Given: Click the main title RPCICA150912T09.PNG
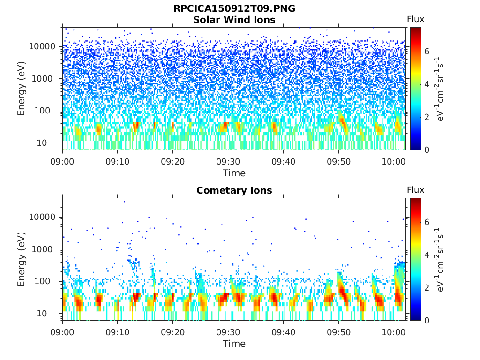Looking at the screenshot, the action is [234, 8].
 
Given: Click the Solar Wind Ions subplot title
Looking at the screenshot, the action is [234, 20].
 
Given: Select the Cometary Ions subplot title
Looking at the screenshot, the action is [234, 190].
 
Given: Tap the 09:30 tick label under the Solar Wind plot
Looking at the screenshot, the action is [228, 161].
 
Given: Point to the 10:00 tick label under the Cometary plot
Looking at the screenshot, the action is [394, 332].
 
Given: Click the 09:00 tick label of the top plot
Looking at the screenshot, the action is [62, 161].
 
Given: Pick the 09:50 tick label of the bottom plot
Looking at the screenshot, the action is [338, 332].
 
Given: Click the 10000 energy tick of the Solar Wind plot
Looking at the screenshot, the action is [42, 46].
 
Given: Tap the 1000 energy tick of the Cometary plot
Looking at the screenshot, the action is [44, 249].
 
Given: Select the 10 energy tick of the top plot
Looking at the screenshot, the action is [42, 142].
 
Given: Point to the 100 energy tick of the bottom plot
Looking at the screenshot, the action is [42, 281].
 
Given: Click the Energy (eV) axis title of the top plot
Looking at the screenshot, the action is [21, 89].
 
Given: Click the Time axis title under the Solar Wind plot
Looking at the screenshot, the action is [234, 173].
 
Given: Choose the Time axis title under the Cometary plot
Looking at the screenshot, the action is [234, 344].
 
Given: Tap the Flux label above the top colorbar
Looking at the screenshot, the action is [415, 19].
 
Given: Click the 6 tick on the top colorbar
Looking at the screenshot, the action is [427, 52].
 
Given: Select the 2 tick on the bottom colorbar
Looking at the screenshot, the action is [427, 287].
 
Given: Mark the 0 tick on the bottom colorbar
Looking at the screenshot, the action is [427, 321].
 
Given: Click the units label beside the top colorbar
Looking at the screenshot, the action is [440, 89].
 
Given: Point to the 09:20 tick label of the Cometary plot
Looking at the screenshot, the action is [173, 332].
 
